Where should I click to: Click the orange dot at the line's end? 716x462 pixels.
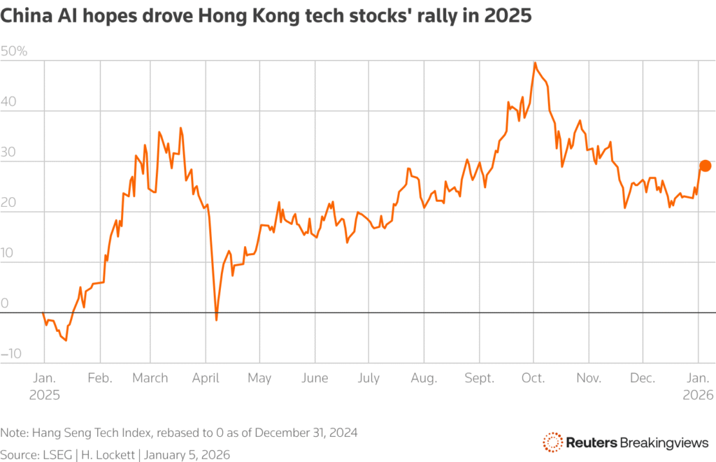[705, 166]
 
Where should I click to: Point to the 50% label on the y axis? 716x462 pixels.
[15, 51]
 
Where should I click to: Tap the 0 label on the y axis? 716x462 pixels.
[5, 303]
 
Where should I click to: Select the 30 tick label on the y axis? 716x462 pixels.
[9, 152]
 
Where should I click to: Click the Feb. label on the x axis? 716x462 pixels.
[100, 378]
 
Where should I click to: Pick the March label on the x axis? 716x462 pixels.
[150, 378]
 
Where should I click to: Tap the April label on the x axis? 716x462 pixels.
[205, 378]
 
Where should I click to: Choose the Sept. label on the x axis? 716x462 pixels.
[479, 378]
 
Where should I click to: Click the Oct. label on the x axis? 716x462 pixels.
[534, 378]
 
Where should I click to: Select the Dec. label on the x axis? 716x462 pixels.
[642, 378]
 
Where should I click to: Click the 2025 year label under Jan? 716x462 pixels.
[45, 394]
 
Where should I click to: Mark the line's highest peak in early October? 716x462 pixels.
[535, 63]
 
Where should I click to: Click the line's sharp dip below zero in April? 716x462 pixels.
[217, 319]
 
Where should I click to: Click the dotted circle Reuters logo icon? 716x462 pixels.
[552, 442]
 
